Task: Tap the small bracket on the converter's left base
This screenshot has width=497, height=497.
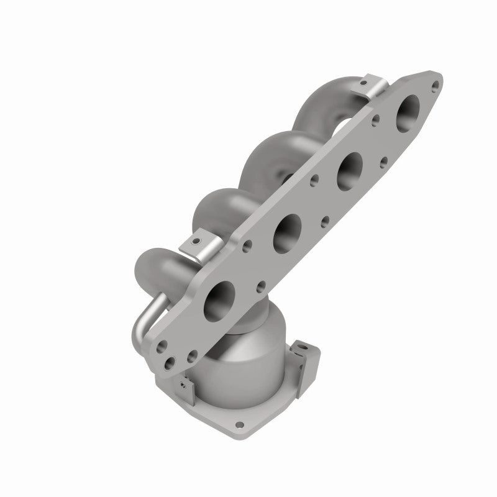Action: pyautogui.click(x=181, y=386)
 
